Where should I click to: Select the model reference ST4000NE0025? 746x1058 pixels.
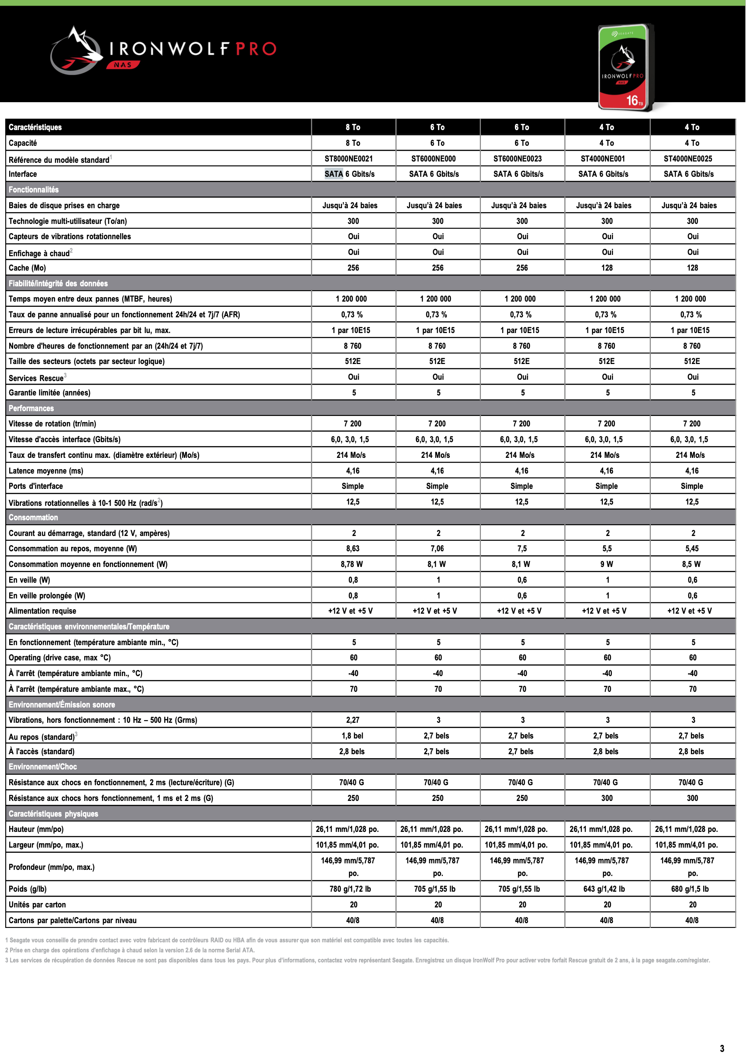click(x=687, y=158)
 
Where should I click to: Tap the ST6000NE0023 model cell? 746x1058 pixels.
click(x=517, y=158)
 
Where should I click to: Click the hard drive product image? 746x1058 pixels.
click(x=625, y=67)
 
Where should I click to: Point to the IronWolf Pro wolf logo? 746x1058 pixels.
click(x=76, y=51)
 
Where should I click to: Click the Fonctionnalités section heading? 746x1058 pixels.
click(x=34, y=189)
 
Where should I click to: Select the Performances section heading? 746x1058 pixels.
click(x=31, y=408)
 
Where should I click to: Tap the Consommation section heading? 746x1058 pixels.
click(x=33, y=518)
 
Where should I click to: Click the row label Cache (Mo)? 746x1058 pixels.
click(x=27, y=268)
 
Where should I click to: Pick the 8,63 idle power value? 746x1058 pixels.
click(x=353, y=548)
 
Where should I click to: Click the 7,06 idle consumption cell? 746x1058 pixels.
click(x=437, y=548)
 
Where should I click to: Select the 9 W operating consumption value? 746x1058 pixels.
click(x=606, y=564)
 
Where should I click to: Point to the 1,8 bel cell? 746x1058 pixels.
click(x=353, y=735)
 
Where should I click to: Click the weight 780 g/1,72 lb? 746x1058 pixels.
click(x=350, y=889)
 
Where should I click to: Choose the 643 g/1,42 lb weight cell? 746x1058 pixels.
click(x=604, y=889)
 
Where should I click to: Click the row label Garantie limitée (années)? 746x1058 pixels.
click(x=49, y=392)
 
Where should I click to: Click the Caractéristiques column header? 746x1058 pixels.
click(x=35, y=127)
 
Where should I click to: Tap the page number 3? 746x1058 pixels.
click(x=722, y=1048)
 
